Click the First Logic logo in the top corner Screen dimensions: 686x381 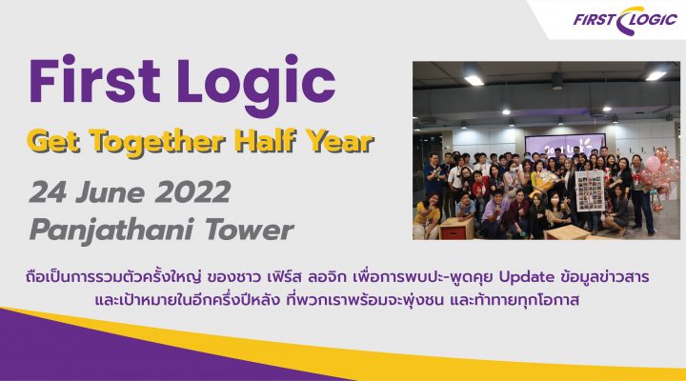click(625, 20)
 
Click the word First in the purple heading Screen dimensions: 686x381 click(94, 81)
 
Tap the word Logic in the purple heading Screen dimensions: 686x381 click(256, 86)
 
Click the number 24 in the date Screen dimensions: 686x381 click(49, 192)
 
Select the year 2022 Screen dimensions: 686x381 click(192, 192)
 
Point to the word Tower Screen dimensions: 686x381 click(250, 230)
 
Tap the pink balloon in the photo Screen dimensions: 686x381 click(654, 164)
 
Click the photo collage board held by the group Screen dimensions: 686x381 click(590, 190)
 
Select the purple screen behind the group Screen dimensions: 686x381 click(564, 145)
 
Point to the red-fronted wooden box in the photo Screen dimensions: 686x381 click(455, 228)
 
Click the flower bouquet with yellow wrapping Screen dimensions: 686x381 click(544, 182)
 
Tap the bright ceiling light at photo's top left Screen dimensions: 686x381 click(474, 80)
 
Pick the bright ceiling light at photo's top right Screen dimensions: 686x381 click(656, 75)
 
